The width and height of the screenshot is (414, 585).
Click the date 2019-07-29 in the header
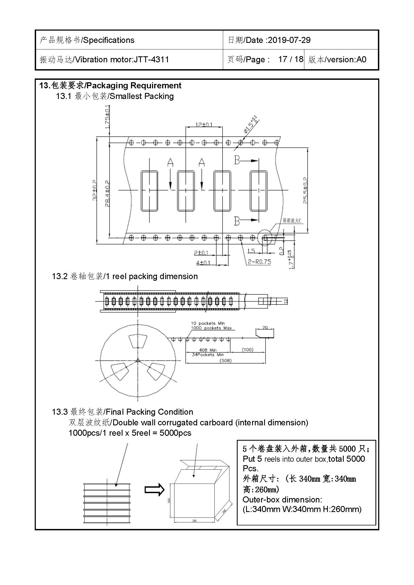coord(289,40)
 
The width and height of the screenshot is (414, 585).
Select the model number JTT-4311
coord(151,60)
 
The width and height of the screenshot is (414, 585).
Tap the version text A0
coord(361,60)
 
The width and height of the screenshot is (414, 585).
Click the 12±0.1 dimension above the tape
coord(204,125)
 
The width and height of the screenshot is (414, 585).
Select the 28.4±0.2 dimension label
coord(107,194)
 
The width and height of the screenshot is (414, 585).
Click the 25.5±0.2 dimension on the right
coord(305,191)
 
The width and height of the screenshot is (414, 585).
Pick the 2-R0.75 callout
coord(259,262)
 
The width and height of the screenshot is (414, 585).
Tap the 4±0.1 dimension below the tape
coord(203,263)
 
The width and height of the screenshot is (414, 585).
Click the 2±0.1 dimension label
coord(201,253)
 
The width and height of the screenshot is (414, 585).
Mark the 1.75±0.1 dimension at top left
coord(108,117)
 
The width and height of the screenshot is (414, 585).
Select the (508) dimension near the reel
coord(226,361)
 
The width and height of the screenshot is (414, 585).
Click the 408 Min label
coord(208,350)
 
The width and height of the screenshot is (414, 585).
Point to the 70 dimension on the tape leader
coord(265,327)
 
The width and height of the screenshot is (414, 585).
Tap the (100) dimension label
coord(248,350)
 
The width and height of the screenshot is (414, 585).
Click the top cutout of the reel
coord(138,341)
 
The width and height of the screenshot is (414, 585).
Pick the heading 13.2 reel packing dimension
coord(125,276)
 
